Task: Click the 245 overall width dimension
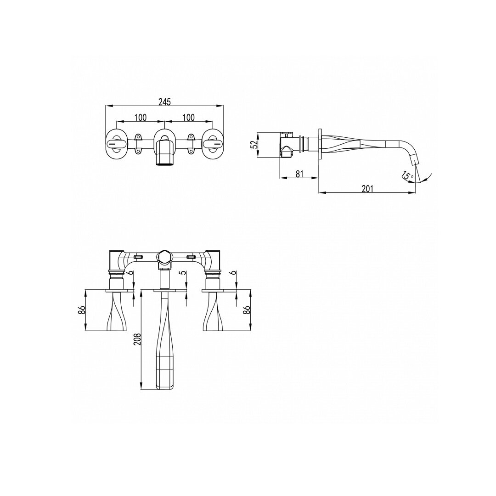coord(164,101)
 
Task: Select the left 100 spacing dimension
coord(141,118)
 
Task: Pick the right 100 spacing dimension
coord(189,118)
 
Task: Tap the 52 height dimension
coord(254,145)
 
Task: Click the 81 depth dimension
coord(299,174)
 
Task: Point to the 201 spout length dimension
coord(367,189)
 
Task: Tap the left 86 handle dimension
coord(82,310)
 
